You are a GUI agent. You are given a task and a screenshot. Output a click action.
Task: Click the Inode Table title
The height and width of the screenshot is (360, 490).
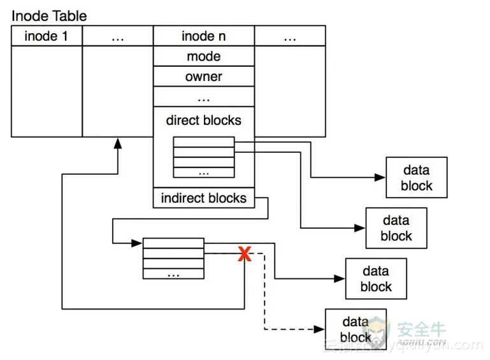[49, 15]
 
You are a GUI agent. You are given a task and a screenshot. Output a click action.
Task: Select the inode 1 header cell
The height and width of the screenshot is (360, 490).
[47, 36]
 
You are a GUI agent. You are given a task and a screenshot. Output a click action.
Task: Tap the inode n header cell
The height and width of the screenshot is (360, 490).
[204, 36]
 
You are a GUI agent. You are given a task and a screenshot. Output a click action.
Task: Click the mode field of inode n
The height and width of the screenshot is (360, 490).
[204, 56]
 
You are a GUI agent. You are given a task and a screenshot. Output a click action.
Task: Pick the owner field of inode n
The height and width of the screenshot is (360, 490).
[204, 76]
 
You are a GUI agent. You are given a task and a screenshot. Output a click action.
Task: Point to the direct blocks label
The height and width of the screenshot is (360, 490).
[204, 120]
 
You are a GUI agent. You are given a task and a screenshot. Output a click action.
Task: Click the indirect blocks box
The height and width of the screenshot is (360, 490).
[204, 198]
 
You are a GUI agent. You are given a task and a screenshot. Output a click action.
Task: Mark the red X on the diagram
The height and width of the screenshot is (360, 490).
[244, 255]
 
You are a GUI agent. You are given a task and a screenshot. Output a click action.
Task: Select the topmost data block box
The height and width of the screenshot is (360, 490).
[417, 178]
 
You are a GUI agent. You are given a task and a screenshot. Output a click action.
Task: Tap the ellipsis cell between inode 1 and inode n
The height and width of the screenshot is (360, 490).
[118, 36]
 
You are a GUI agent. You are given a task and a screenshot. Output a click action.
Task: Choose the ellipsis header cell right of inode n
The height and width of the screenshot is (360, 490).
[290, 36]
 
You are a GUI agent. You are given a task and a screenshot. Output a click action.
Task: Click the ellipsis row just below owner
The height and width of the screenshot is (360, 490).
[204, 97]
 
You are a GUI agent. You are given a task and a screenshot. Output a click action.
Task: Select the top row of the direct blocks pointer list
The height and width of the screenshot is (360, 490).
[204, 142]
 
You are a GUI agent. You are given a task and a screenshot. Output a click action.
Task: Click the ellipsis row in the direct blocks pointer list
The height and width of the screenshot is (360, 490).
[204, 172]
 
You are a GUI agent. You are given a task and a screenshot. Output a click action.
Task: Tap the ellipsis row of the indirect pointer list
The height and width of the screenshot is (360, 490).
[173, 273]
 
